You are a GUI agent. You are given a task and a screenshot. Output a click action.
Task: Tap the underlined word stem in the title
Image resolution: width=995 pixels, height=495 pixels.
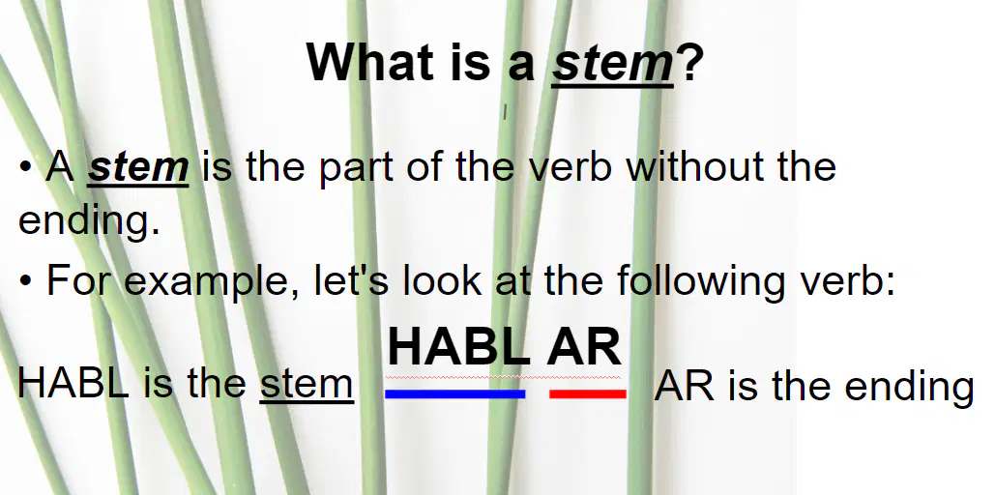click(x=612, y=64)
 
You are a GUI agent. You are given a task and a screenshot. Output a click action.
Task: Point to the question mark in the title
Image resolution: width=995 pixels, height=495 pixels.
click(x=690, y=62)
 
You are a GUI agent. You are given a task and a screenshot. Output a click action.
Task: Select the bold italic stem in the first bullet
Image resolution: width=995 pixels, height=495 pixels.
click(x=137, y=167)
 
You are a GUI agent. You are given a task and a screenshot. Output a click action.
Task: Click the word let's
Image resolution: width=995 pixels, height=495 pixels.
click(x=352, y=279)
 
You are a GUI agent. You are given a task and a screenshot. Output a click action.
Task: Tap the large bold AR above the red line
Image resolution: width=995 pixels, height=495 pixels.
click(x=584, y=346)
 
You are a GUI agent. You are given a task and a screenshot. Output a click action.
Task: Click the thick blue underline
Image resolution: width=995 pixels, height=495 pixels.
click(x=455, y=394)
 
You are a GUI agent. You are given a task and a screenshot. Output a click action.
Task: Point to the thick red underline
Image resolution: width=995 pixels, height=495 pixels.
click(x=588, y=394)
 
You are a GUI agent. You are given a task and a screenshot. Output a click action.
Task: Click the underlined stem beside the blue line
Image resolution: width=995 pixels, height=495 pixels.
click(x=307, y=385)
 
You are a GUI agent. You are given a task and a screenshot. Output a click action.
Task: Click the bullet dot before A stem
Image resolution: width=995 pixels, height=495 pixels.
click(x=25, y=167)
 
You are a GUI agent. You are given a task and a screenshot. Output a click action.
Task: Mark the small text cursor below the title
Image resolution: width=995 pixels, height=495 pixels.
click(x=505, y=112)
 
